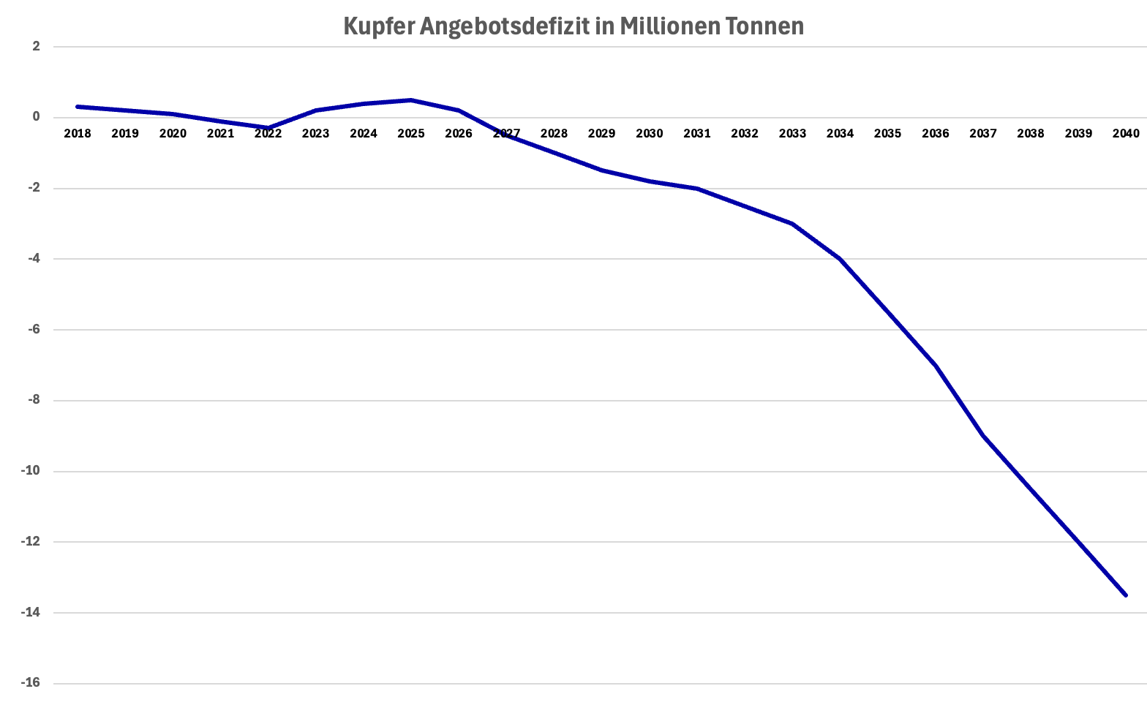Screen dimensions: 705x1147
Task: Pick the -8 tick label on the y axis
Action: click(33, 401)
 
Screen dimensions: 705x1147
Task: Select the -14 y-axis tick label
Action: click(31, 613)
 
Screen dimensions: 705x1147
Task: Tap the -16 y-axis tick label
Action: click(31, 683)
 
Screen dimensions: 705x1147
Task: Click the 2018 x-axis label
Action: click(78, 133)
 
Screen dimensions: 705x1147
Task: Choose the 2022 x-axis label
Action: click(268, 133)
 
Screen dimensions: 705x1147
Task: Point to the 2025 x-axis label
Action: click(411, 133)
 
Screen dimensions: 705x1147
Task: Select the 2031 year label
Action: click(697, 133)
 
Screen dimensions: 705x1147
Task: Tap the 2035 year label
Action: click(888, 133)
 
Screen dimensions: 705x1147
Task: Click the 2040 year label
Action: click(1126, 133)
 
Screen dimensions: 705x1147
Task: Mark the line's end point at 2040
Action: click(1126, 595)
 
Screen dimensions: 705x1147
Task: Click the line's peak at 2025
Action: click(411, 100)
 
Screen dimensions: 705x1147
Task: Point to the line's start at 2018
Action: click(78, 107)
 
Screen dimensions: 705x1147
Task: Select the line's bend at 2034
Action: click(840, 259)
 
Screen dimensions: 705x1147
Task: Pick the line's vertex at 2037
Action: click(983, 436)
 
